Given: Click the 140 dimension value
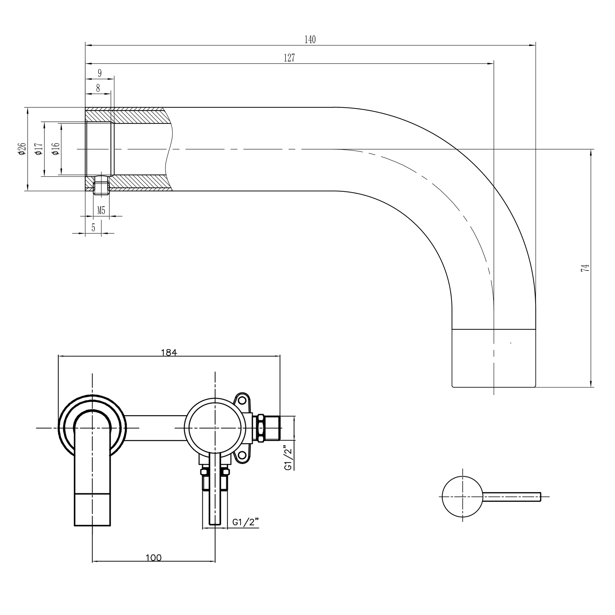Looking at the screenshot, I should (x=310, y=40).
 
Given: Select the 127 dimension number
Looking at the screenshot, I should (x=289, y=58).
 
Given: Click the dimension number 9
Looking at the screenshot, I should (x=100, y=73).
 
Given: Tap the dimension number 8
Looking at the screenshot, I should (x=98, y=88).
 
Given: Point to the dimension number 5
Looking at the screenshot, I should (x=93, y=228).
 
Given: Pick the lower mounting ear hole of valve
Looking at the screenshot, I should (x=243, y=456).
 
